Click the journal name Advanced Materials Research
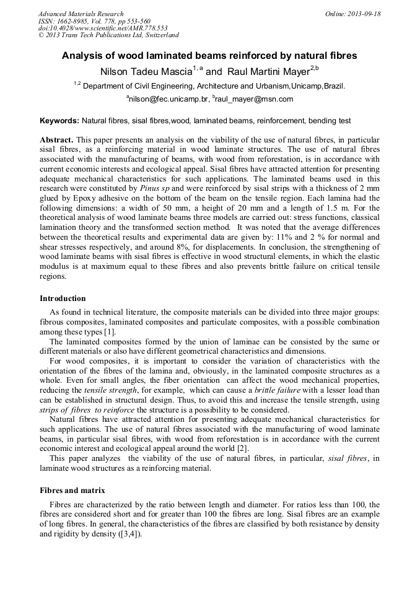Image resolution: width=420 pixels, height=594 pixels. (81, 14)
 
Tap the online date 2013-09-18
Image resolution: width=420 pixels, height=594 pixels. (362, 14)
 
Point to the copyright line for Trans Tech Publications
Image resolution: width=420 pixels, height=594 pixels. (108, 35)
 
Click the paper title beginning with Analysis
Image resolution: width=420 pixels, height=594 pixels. (209, 55)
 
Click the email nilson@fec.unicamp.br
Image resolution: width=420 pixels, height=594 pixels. (166, 99)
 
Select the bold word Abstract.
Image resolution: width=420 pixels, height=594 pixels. (56, 141)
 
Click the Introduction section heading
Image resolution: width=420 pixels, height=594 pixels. (63, 299)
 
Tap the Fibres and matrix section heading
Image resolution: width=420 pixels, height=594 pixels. (72, 490)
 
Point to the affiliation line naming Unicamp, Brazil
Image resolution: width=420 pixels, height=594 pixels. (209, 86)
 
